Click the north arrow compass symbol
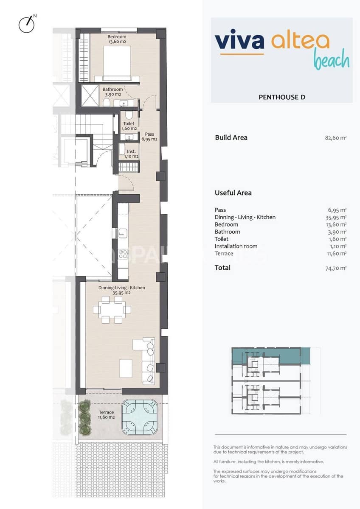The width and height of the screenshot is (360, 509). coord(27,25)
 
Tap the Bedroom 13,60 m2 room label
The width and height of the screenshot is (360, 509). coord(117,39)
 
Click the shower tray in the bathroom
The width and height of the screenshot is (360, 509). coord(90,96)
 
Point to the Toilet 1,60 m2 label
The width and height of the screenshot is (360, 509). coord(128,126)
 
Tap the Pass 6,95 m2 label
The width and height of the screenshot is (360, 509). coord(149,137)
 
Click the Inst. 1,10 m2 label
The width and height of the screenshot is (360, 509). coord(131,154)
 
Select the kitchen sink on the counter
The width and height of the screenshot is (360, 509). coord(123,233)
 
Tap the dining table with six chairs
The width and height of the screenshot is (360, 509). coord(112,310)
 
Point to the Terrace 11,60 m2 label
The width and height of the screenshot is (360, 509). coord(106,415)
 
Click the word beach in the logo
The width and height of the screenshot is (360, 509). coord(331,60)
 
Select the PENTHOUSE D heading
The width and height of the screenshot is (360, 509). coord(282,97)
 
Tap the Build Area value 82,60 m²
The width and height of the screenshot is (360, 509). coord(335,138)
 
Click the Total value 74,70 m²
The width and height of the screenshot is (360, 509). coord(335,268)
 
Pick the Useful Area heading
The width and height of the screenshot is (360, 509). coord(233,193)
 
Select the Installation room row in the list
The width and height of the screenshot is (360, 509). coord(236,246)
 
